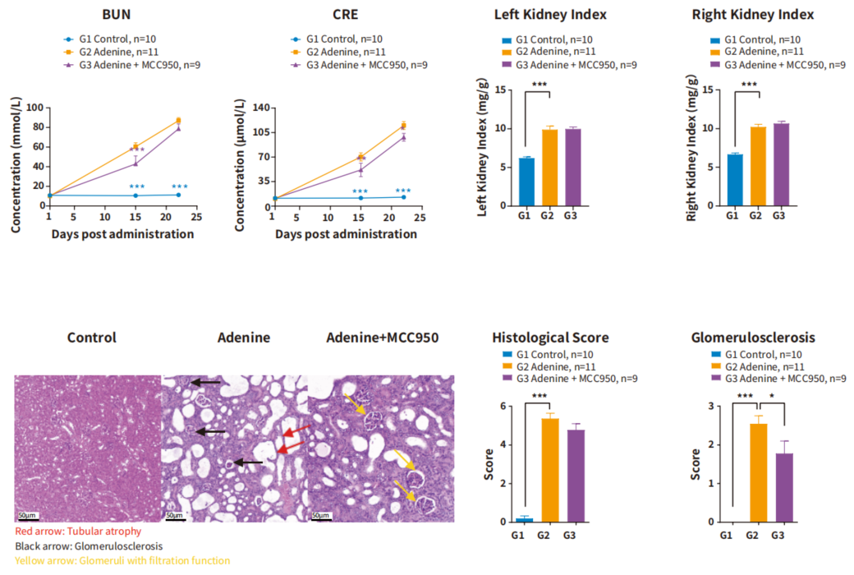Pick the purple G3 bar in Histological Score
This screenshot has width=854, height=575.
(576, 476)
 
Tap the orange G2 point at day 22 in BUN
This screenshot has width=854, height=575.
(178, 121)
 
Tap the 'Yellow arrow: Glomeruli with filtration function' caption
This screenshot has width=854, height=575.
(122, 560)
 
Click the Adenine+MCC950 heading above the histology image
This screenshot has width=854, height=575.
(383, 338)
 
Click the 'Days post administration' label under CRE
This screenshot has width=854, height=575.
(346, 234)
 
